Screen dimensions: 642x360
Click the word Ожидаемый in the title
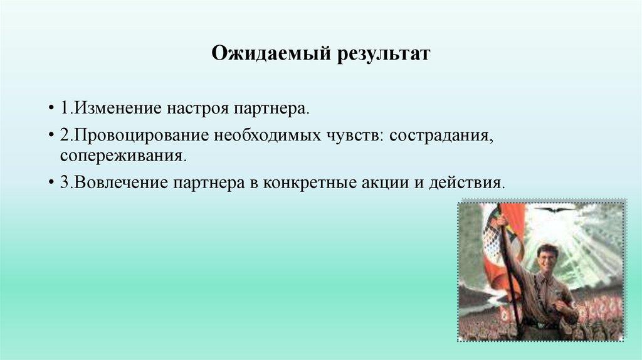click(x=271, y=54)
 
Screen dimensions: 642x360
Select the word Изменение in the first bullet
click(x=118, y=109)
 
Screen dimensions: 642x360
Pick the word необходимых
click(x=268, y=135)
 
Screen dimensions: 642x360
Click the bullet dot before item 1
click(x=51, y=109)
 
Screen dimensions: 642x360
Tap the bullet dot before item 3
click(x=51, y=183)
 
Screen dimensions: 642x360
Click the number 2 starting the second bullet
click(x=65, y=135)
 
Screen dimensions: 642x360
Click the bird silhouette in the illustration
click(x=554, y=209)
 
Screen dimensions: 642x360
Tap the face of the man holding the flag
click(x=547, y=258)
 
